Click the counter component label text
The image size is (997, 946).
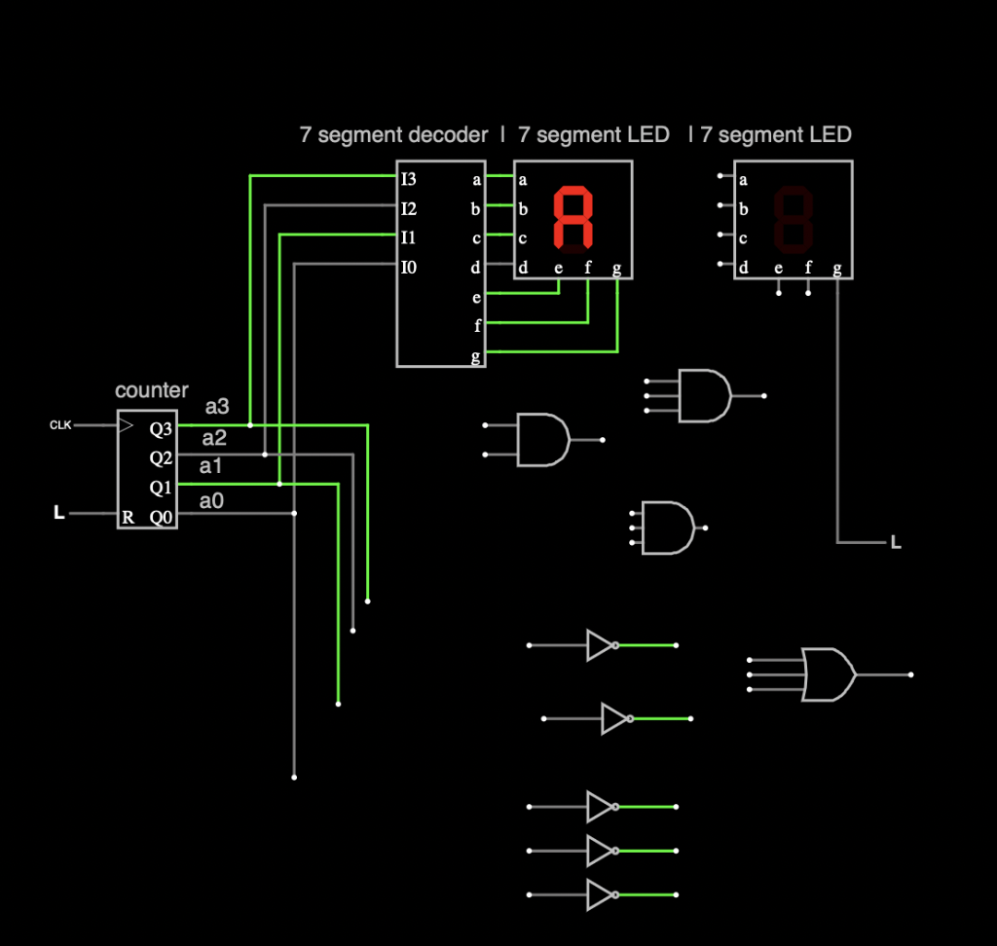coord(152,390)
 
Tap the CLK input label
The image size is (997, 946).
coord(60,425)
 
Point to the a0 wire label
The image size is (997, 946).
coord(211,501)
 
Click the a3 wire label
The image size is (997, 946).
coord(217,407)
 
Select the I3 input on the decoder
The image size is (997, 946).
coord(408,179)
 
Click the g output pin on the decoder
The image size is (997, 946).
coord(476,357)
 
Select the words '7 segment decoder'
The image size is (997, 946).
coord(393,135)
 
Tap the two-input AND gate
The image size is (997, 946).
coord(543,440)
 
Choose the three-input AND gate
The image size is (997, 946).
coord(667,528)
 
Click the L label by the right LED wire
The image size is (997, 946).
coord(896,542)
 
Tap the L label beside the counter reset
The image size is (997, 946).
coord(59,513)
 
